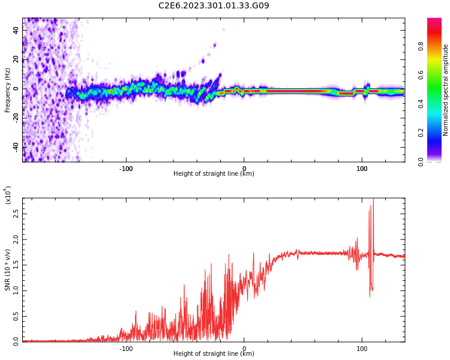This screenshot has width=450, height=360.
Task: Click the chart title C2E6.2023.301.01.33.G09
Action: pyautogui.click(x=214, y=6)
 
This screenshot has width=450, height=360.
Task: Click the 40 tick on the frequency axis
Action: pyautogui.click(x=16, y=30)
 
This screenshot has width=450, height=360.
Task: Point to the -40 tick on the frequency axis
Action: pyautogui.click(x=15, y=147)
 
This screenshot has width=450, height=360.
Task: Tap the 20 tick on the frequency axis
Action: pyautogui.click(x=16, y=59)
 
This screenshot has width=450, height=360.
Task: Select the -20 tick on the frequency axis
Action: pyautogui.click(x=15, y=118)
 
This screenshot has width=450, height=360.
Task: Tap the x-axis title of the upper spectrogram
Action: pyautogui.click(x=214, y=174)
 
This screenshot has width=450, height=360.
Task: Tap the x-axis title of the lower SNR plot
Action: pyautogui.click(x=214, y=354)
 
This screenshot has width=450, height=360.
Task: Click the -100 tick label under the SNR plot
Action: pyautogui.click(x=125, y=349)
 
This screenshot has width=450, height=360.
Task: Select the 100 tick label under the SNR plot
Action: pyautogui.click(x=362, y=349)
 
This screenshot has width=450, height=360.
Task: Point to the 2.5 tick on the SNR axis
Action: pyautogui.click(x=15, y=214)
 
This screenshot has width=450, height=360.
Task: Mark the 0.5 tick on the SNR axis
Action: pyautogui.click(x=15, y=316)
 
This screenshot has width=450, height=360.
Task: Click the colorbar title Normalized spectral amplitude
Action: pyautogui.click(x=446, y=90)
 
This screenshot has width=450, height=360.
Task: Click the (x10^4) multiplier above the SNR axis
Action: pyautogui.click(x=8, y=196)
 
